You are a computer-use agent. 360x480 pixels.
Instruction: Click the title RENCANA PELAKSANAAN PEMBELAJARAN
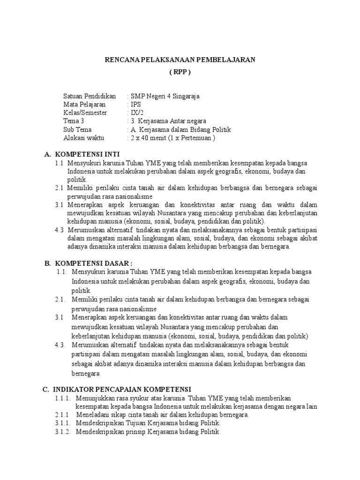(180, 60)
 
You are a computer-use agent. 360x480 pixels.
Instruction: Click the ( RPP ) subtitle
(180, 72)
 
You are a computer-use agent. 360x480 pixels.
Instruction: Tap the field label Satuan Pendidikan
(90, 96)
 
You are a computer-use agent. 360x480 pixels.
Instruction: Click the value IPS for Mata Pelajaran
(136, 105)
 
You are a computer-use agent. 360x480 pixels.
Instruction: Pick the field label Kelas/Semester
(85, 113)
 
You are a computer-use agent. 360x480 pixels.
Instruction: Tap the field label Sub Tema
(77, 130)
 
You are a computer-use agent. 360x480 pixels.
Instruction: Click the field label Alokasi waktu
(84, 138)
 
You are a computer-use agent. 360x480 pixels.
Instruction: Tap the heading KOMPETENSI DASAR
(92, 263)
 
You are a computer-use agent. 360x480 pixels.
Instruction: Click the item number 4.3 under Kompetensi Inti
(59, 230)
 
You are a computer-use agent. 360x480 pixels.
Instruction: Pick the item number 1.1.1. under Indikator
(62, 398)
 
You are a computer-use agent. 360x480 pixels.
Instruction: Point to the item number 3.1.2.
(62, 432)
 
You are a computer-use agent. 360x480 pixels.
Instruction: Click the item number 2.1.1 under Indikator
(61, 415)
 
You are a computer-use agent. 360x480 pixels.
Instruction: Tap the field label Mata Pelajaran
(84, 105)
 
